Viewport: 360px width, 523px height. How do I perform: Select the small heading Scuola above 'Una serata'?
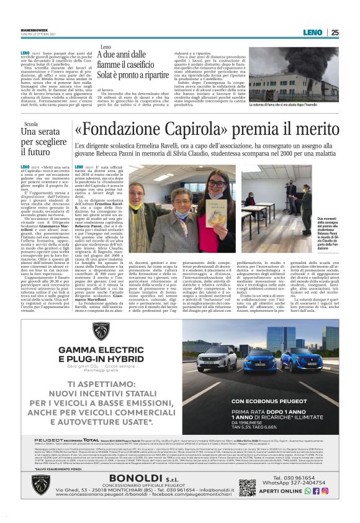coord(29,124)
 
